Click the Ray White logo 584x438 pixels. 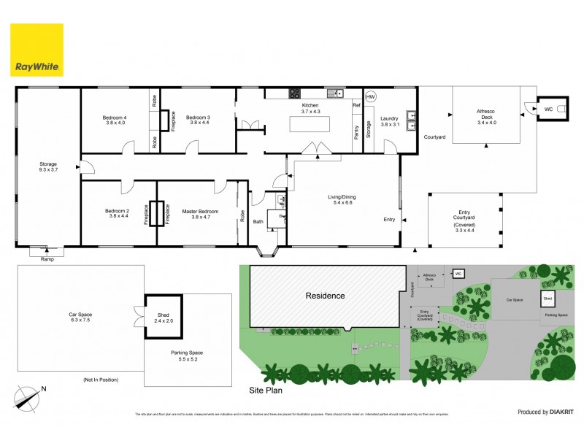click(x=36, y=50)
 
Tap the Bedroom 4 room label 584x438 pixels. click(x=115, y=120)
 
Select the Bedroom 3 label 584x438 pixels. click(x=198, y=120)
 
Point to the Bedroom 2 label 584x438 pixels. click(x=118, y=214)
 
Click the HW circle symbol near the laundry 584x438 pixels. click(x=370, y=97)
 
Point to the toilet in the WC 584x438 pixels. click(x=561, y=109)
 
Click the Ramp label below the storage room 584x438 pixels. click(x=47, y=259)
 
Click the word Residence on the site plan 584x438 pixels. click(x=325, y=296)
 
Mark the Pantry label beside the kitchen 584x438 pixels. click(x=356, y=132)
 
